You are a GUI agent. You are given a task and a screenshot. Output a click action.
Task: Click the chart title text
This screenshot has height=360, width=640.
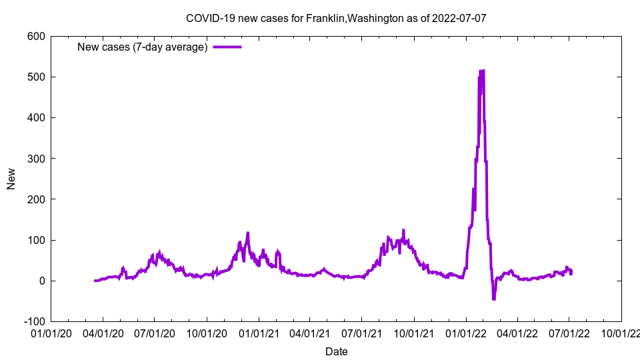[x=336, y=18]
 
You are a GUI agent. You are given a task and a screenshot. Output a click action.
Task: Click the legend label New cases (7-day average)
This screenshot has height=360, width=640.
[x=143, y=47]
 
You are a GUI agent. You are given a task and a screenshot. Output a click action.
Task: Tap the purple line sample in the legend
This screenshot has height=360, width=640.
[x=227, y=47]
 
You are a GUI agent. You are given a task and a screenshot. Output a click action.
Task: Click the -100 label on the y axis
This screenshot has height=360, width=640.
[x=33, y=321]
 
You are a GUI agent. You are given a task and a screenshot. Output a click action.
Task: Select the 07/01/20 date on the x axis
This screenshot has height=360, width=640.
[x=154, y=333]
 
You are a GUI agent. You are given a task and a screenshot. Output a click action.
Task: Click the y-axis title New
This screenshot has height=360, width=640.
[x=11, y=179]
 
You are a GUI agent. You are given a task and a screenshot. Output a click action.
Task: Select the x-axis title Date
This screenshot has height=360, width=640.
[x=336, y=351]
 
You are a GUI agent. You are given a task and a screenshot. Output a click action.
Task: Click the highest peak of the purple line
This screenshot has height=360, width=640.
[x=482, y=71]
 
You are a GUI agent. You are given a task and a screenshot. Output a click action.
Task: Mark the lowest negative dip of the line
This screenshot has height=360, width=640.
[x=494, y=299]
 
